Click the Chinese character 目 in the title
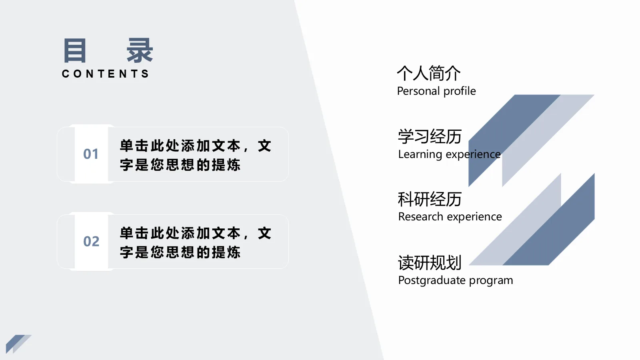(x=75, y=51)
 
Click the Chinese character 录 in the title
(x=140, y=51)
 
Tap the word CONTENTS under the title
(x=106, y=74)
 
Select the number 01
(x=91, y=154)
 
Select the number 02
(x=91, y=242)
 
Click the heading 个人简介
(x=429, y=73)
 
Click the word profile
(x=460, y=91)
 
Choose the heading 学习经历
(x=430, y=136)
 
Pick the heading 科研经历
(x=430, y=199)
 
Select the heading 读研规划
(x=430, y=263)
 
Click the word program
(x=491, y=280)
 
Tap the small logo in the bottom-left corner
(x=18, y=343)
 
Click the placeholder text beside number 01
(x=196, y=155)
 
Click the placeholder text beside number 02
(x=196, y=243)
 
